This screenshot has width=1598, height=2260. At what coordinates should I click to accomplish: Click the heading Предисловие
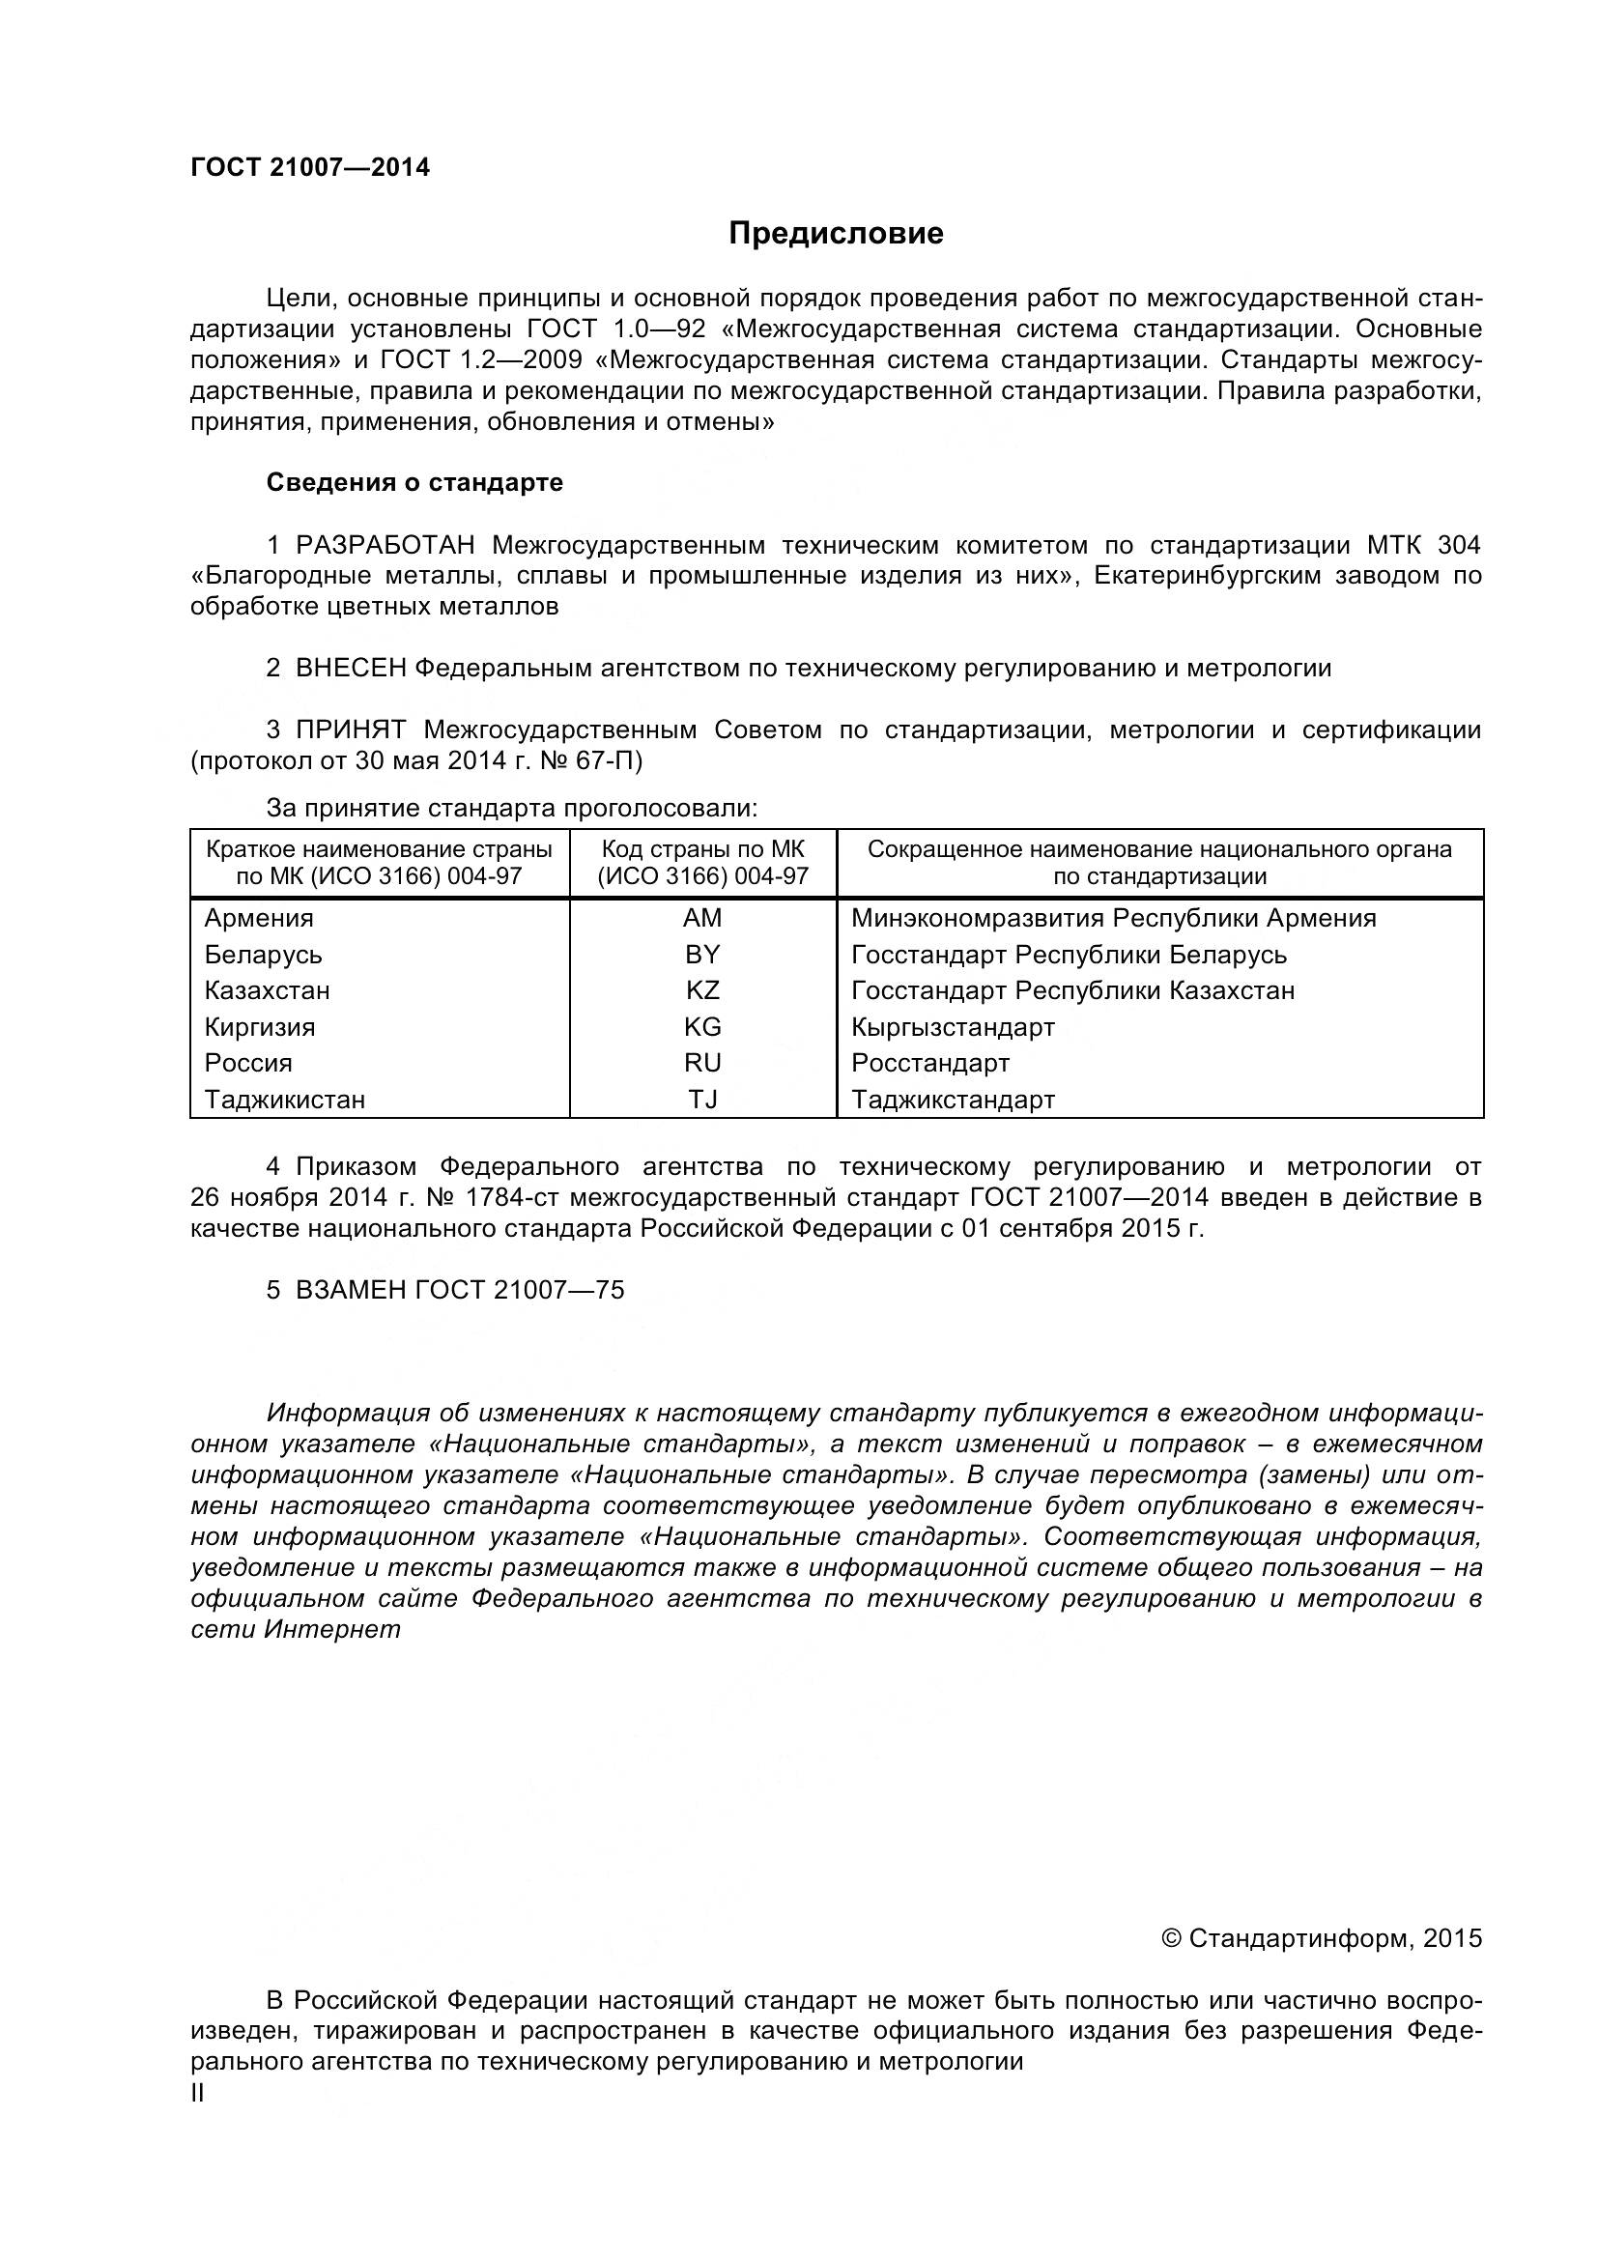836,233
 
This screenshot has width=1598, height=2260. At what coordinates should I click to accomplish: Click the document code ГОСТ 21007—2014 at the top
310,168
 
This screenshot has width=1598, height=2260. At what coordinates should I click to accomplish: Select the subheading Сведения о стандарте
414,482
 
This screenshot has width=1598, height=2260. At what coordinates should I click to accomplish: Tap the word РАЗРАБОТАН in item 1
385,544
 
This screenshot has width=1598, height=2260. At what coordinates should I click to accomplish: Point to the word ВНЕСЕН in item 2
351,669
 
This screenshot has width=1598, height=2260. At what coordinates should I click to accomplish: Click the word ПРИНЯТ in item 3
351,729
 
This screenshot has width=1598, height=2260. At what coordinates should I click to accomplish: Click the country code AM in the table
702,917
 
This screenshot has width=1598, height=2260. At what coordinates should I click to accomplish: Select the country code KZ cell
702,990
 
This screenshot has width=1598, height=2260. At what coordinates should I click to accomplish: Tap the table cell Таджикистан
284,1100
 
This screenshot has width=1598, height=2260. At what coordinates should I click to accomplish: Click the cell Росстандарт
929,1063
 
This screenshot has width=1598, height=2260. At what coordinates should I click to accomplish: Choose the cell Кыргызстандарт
953,1028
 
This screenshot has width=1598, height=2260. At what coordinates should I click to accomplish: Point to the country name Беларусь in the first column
263,955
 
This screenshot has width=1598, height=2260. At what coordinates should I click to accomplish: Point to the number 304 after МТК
1458,544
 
